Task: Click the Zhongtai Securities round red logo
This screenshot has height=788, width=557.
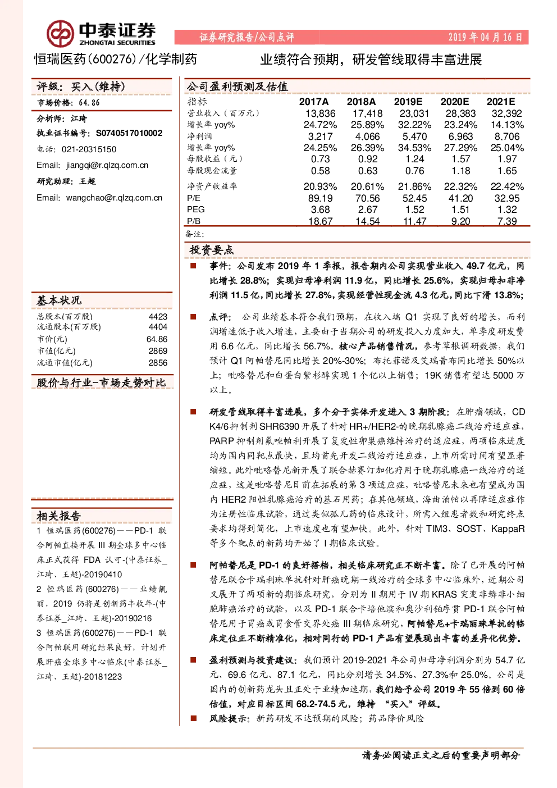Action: (x=60, y=34)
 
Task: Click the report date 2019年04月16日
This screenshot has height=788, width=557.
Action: (x=485, y=37)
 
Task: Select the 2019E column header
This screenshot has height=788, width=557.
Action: (x=408, y=102)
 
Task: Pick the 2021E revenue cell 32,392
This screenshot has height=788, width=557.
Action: (x=506, y=113)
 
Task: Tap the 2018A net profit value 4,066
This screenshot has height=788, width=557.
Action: (x=367, y=136)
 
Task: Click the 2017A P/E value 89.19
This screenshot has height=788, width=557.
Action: (x=321, y=198)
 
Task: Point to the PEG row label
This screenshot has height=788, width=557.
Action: (x=196, y=209)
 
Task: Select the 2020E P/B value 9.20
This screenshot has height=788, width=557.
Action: (x=460, y=221)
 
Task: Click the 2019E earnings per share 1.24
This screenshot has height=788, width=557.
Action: (x=414, y=160)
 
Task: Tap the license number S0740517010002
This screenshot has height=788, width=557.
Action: (x=129, y=133)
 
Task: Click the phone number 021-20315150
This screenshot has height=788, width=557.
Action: (x=89, y=149)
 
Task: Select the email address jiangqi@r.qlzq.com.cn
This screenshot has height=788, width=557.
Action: (x=107, y=165)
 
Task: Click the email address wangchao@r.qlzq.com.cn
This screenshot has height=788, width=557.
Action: (x=115, y=198)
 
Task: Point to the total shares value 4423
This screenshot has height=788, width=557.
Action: (x=158, y=317)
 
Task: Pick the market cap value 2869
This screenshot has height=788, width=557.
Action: (x=158, y=350)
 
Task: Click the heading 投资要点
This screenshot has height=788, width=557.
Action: (x=211, y=250)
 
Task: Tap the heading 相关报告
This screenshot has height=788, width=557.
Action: (x=59, y=516)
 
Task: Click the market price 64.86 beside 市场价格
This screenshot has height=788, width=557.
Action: (x=89, y=103)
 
